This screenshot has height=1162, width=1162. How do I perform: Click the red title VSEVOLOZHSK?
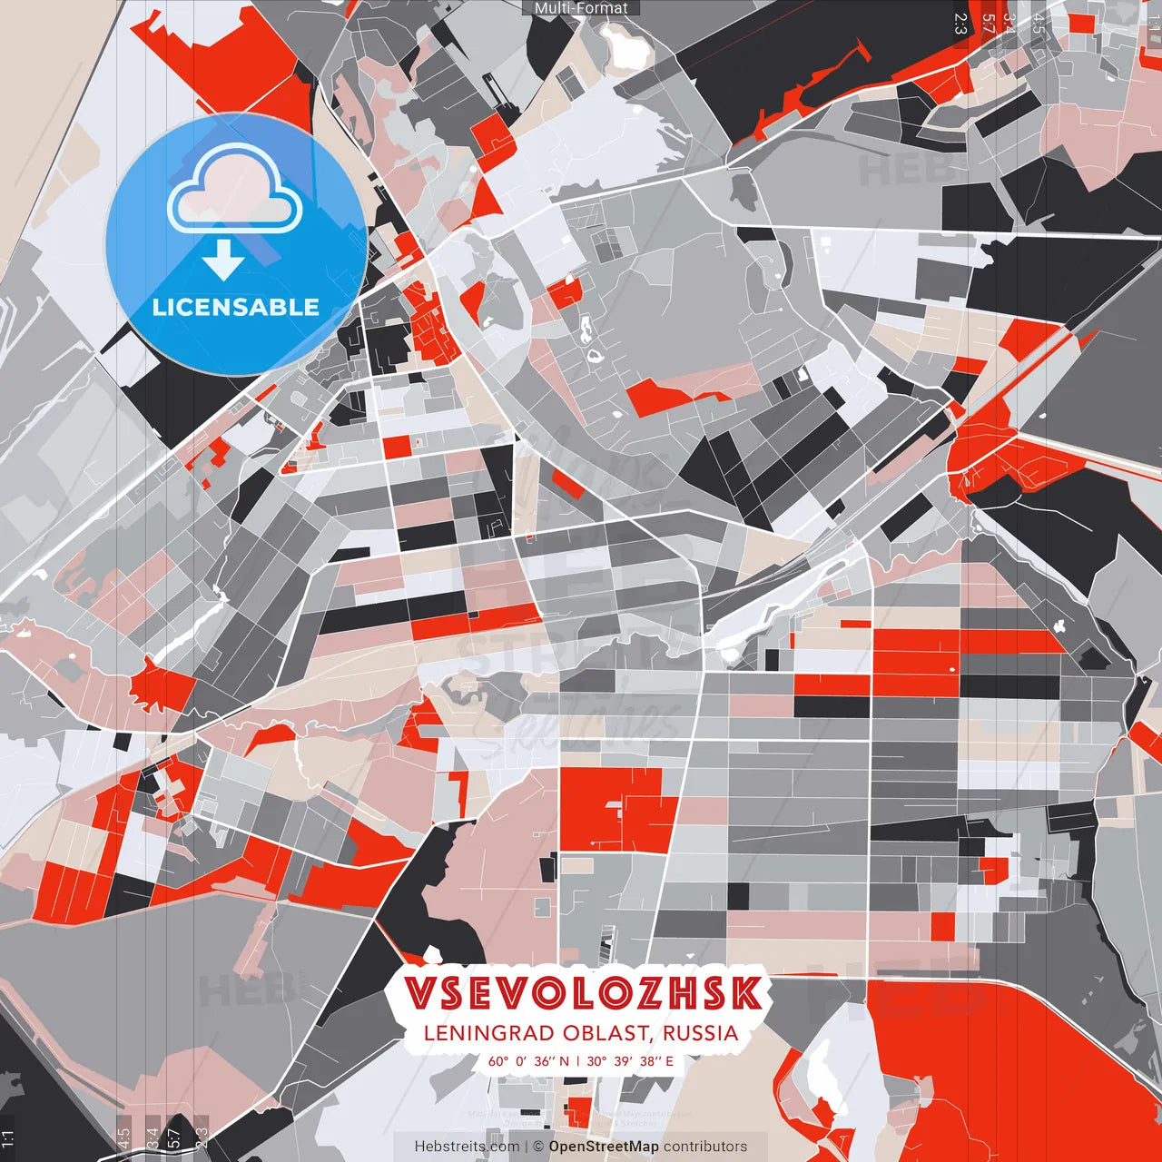(x=582, y=993)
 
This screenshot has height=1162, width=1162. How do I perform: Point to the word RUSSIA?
(x=700, y=1033)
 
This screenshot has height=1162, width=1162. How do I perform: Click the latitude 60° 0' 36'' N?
(x=528, y=1061)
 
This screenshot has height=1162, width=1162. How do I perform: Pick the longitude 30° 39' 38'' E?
(x=630, y=1061)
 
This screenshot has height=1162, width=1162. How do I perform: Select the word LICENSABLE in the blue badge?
(x=236, y=307)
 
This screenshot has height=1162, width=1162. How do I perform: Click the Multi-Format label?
(x=581, y=8)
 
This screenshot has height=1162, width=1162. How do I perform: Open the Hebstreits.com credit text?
(x=467, y=1147)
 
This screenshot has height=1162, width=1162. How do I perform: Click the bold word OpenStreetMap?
(x=604, y=1147)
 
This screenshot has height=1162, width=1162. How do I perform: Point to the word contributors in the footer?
(x=705, y=1147)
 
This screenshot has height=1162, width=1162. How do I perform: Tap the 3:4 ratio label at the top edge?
(x=1009, y=24)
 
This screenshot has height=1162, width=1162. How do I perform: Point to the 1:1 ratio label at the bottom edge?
(x=7, y=1139)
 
